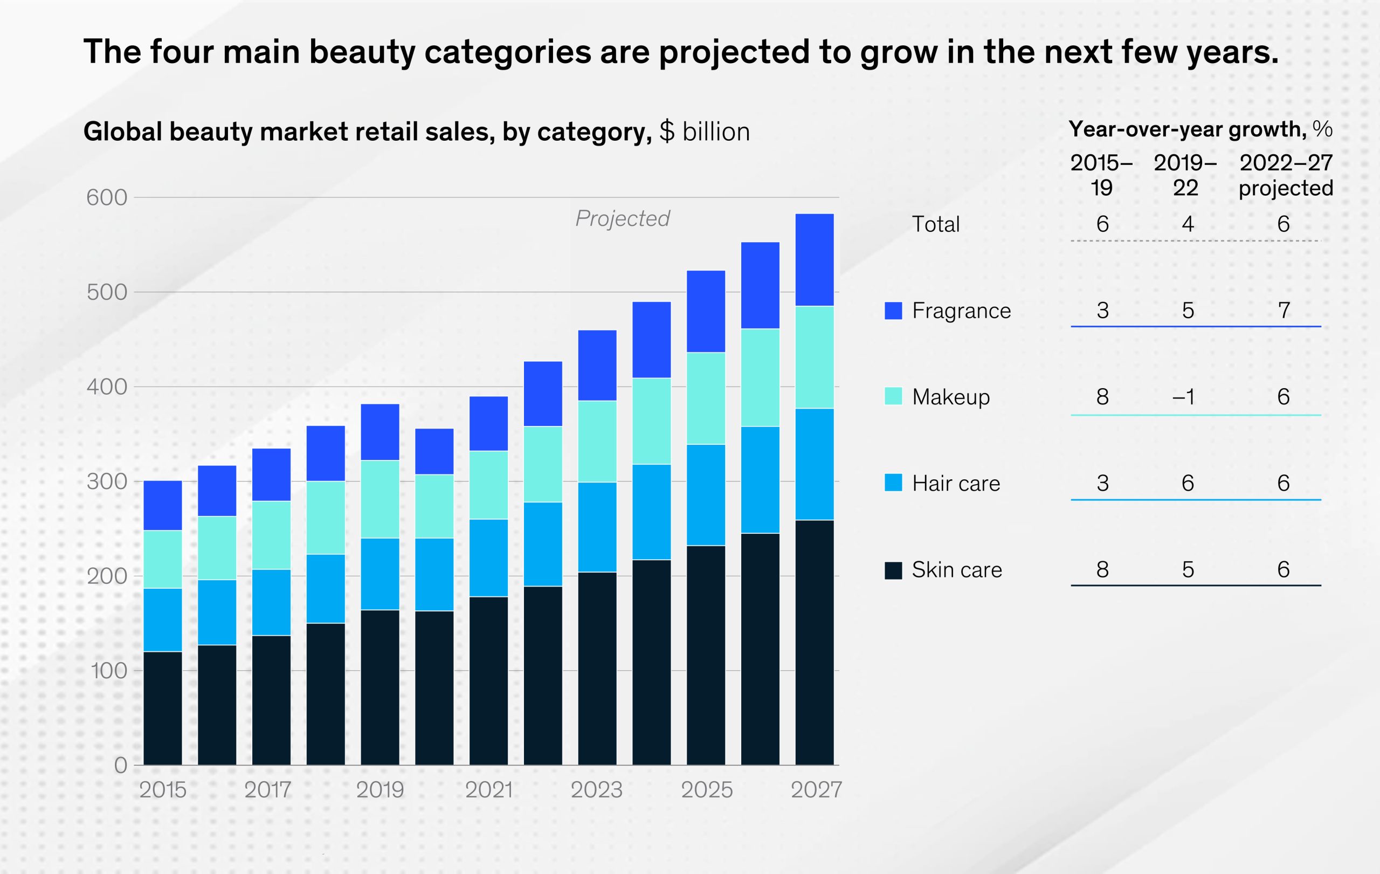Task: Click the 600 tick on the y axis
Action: (x=107, y=198)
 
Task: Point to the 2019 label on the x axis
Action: (x=380, y=790)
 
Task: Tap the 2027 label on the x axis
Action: (x=816, y=790)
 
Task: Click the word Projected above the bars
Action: (x=623, y=218)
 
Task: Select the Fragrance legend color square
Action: (x=893, y=311)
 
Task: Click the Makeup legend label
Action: (x=951, y=397)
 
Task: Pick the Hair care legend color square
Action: (x=893, y=483)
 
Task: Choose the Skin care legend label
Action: (x=957, y=570)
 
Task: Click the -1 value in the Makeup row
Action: (x=1184, y=397)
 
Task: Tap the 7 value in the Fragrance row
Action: (x=1284, y=311)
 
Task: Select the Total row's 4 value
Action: (x=1188, y=224)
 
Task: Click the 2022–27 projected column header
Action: (x=1286, y=175)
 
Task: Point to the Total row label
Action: (x=935, y=224)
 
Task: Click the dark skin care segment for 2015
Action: (x=163, y=708)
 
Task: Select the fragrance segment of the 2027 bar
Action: (x=815, y=260)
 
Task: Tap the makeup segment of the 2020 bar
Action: (x=434, y=506)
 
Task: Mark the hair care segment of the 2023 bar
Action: (x=597, y=527)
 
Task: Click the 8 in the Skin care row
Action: (x=1102, y=570)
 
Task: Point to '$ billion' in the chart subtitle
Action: (x=705, y=132)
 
